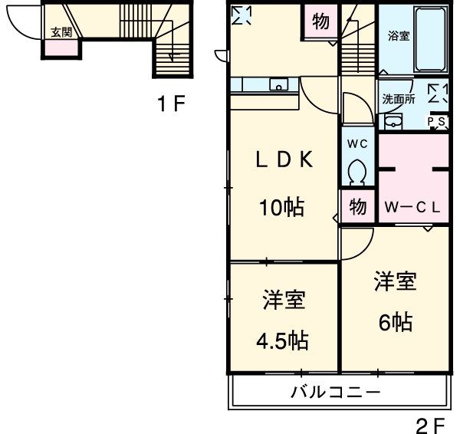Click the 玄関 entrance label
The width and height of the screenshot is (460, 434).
tap(61, 33)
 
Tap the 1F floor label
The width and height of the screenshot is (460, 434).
tap(172, 105)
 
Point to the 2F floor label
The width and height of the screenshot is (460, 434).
tap(430, 423)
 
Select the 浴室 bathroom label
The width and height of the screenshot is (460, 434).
tap(399, 35)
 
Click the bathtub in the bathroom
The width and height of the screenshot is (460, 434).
tap(430, 38)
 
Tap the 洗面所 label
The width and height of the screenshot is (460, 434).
tap(399, 98)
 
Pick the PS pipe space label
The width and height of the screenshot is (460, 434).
tap(437, 121)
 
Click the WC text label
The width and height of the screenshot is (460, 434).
tap(357, 144)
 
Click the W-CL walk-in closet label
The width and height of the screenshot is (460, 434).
tap(412, 206)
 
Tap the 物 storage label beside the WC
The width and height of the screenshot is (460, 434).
tap(357, 206)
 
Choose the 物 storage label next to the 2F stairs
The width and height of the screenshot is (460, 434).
tap(320, 21)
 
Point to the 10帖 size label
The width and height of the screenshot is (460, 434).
tap(281, 206)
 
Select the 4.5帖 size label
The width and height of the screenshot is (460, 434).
tap(283, 340)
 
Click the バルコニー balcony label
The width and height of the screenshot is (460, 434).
tap(335, 393)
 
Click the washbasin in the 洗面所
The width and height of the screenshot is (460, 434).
tap(393, 120)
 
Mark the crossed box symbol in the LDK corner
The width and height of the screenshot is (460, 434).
tap(242, 15)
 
